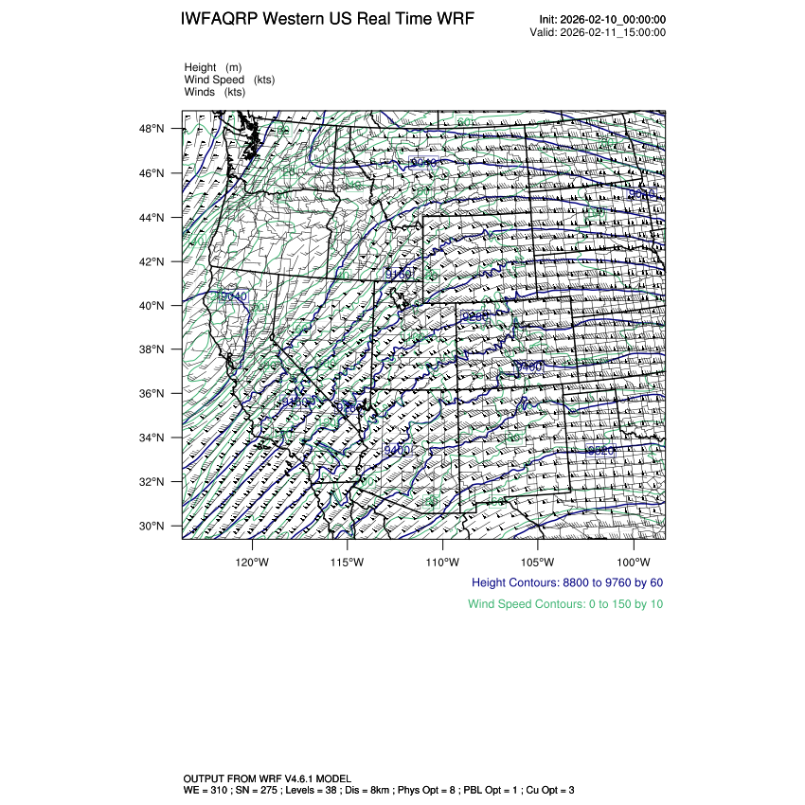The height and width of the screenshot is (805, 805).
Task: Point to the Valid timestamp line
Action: (598, 32)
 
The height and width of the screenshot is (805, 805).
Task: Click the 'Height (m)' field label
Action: (213, 67)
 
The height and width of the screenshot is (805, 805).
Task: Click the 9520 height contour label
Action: (601, 451)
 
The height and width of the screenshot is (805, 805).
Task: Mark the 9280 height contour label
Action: (474, 316)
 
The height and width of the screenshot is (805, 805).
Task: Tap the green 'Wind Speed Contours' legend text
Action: (565, 604)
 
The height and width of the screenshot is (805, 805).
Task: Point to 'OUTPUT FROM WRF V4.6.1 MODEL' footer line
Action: (267, 778)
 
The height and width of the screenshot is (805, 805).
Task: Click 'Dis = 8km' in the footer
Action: (398, 789)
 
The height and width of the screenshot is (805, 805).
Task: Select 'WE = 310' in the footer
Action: (206, 789)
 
